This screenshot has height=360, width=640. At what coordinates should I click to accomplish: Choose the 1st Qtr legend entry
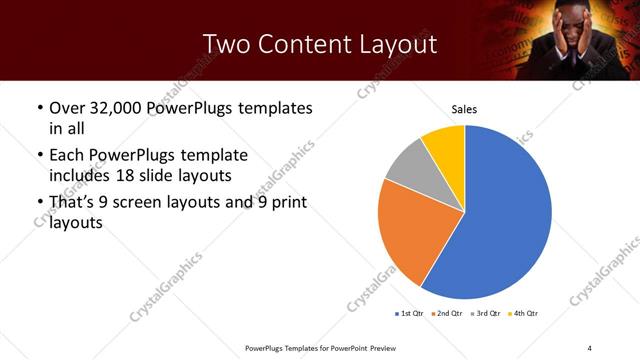click(410, 314)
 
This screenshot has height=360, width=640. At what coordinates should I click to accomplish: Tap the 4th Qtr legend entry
click(524, 314)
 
